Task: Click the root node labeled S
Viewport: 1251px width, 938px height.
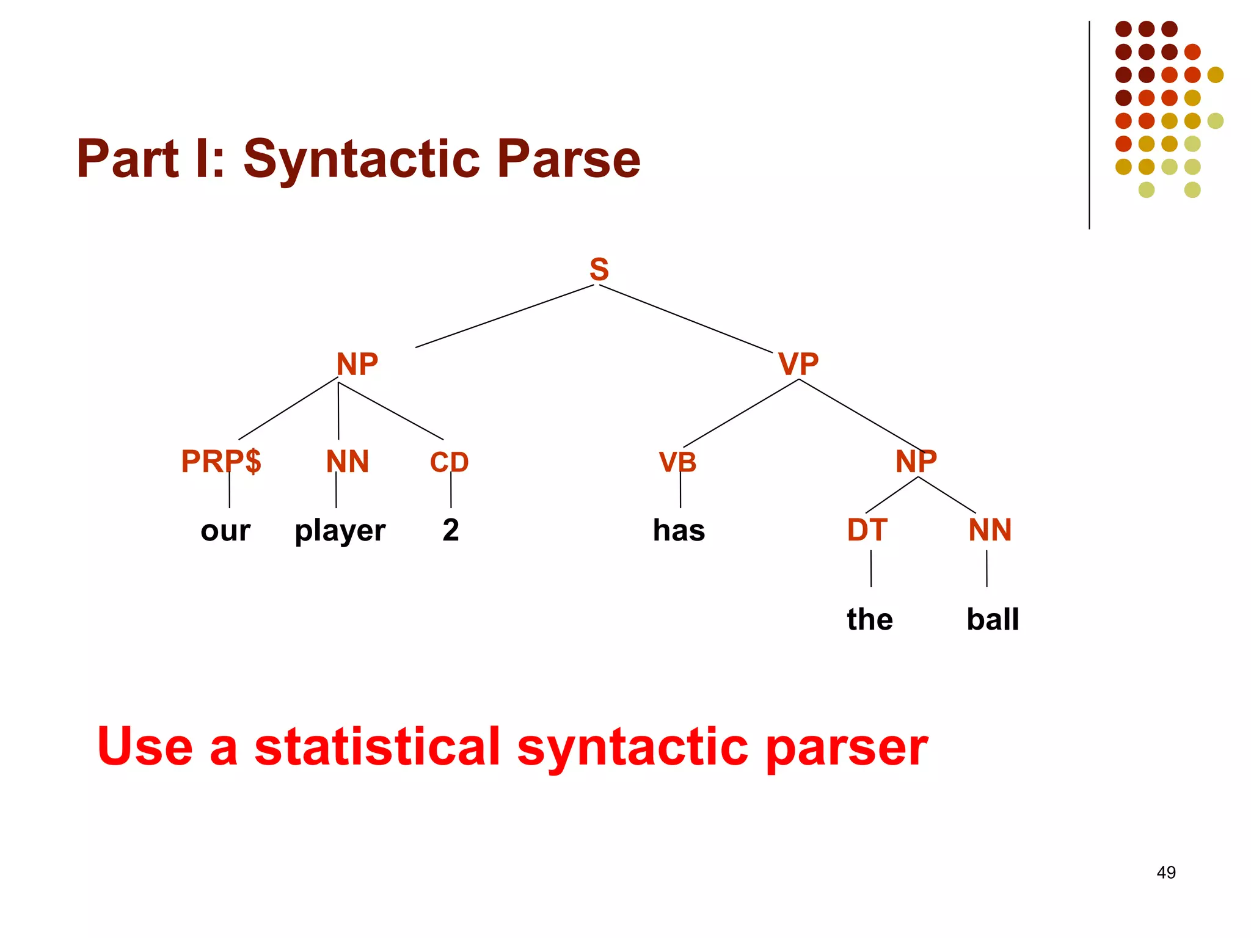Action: [x=599, y=269]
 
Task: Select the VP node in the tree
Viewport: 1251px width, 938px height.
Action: [x=798, y=365]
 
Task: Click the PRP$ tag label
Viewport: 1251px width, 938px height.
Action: [x=221, y=461]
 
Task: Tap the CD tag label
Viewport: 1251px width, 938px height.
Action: [x=449, y=462]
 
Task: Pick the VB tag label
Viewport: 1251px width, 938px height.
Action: [x=677, y=462]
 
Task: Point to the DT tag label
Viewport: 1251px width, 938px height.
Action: [x=867, y=530]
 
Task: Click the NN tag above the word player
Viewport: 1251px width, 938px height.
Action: [x=347, y=462]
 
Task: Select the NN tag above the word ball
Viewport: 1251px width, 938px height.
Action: [x=990, y=530]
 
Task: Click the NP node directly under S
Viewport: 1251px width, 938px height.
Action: [x=357, y=365]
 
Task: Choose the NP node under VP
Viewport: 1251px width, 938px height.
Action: [x=916, y=461]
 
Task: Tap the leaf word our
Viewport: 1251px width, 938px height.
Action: [x=225, y=531]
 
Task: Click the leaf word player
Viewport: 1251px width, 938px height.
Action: [x=340, y=531]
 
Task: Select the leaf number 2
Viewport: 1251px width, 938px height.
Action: [x=451, y=530]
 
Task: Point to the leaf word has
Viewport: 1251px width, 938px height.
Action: [x=679, y=530]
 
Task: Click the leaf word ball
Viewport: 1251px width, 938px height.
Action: [x=993, y=619]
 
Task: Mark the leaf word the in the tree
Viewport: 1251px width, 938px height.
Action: [x=869, y=619]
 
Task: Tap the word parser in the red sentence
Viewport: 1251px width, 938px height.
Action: [x=846, y=747]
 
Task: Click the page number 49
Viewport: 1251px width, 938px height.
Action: [x=1165, y=872]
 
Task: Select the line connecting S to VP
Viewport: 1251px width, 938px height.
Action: [x=686, y=319]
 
